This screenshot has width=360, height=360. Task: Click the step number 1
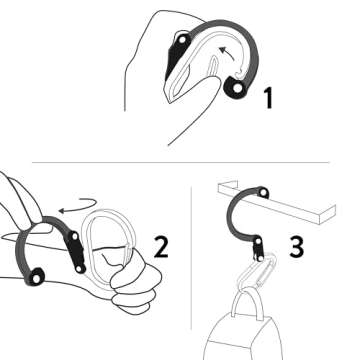(x=268, y=98)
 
